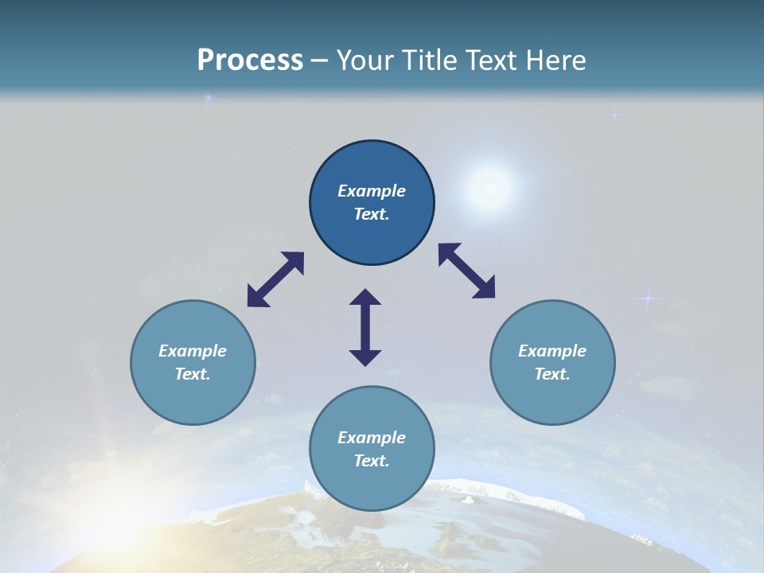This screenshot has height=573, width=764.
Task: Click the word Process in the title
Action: click(x=250, y=60)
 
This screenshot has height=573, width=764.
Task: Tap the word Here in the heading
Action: click(x=555, y=60)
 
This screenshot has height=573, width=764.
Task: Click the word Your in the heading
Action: click(x=364, y=60)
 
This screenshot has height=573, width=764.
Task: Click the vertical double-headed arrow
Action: click(x=365, y=327)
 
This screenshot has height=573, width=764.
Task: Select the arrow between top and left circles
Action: click(x=275, y=279)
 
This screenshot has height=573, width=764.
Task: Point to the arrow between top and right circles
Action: click(x=467, y=271)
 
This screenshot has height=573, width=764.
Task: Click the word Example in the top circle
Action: click(x=372, y=191)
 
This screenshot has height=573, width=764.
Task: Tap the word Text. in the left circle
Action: click(x=193, y=374)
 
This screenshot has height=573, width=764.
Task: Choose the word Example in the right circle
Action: click(x=552, y=351)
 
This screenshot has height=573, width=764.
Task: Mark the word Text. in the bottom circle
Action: click(x=372, y=461)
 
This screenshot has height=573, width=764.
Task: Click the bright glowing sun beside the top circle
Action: click(x=489, y=188)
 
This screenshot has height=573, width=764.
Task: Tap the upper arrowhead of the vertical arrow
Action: click(x=365, y=298)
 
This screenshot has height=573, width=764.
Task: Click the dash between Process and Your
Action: click(x=319, y=60)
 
